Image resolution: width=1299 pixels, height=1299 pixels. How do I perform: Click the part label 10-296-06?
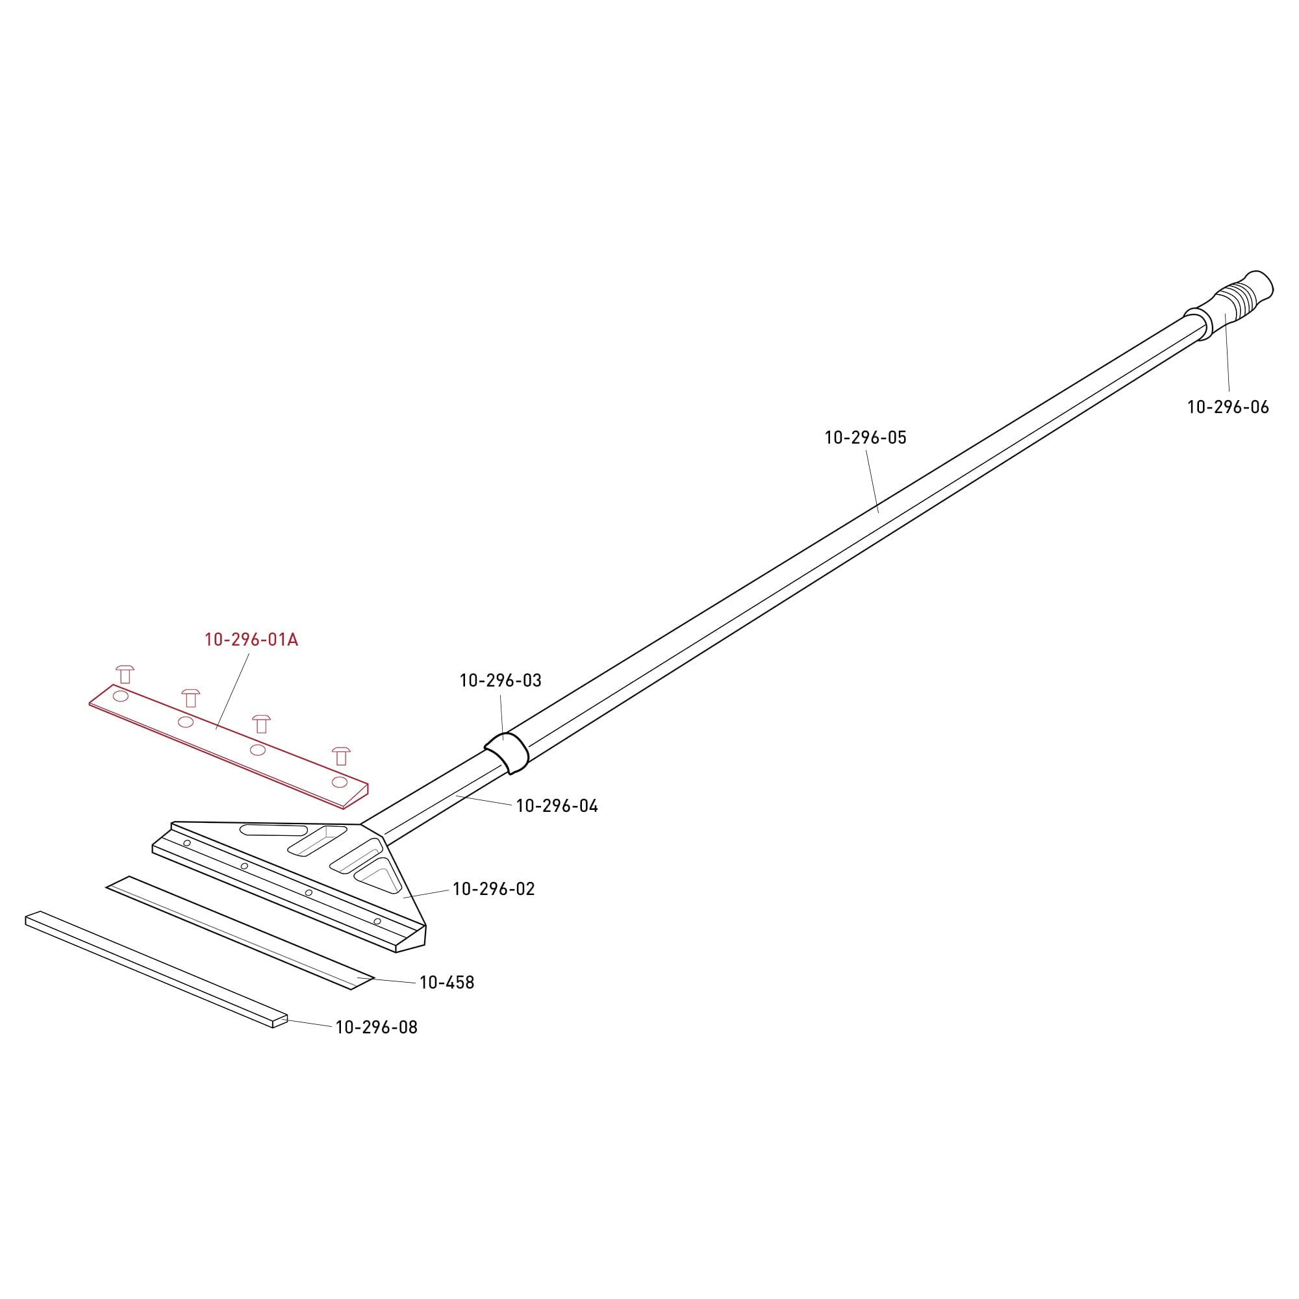point(1228,407)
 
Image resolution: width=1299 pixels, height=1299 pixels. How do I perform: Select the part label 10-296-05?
point(865,437)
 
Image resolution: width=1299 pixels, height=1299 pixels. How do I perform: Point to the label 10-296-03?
point(500,681)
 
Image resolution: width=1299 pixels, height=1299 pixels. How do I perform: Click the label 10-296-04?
point(557,805)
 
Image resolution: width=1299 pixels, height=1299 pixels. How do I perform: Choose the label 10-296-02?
point(494,889)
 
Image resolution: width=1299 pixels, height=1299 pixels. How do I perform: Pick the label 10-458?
point(447,982)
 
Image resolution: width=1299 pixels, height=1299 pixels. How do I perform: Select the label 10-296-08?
point(377,1028)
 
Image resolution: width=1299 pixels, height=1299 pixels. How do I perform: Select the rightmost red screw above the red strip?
point(342,756)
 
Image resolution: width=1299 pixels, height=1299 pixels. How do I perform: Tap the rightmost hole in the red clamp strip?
point(340,782)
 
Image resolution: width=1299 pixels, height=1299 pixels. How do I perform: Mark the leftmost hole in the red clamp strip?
point(120,696)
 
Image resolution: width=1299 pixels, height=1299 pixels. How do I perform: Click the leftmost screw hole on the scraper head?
point(187,843)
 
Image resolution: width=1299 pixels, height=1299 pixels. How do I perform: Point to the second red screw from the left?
point(191,698)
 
